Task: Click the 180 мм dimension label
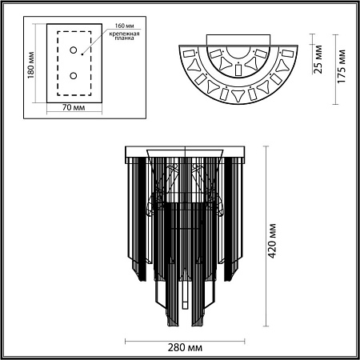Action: [31, 65]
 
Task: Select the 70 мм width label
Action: [74, 107]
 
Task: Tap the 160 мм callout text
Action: [124, 26]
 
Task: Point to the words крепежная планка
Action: [124, 36]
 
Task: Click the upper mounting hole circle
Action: [74, 50]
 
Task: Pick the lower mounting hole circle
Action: [74, 76]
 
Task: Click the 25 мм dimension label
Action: [318, 59]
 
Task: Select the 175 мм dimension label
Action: [342, 66]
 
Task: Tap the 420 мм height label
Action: [272, 241]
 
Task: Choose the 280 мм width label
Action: [185, 347]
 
